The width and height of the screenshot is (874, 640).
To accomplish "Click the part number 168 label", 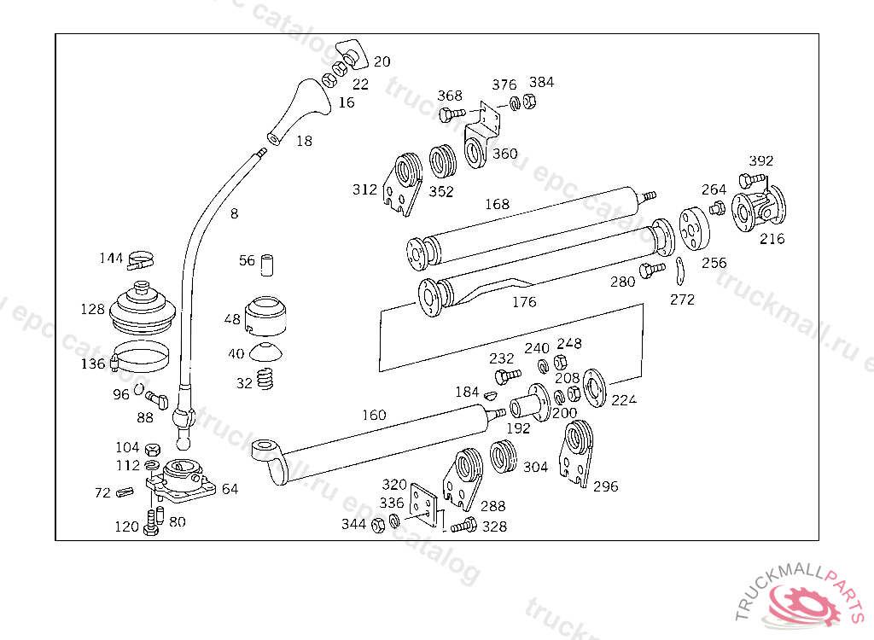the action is tap(498, 204).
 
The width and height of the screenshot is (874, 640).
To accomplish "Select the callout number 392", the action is tap(760, 160).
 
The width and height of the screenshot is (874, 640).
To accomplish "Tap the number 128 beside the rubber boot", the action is tap(92, 309).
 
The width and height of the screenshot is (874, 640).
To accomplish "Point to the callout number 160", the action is tap(374, 415).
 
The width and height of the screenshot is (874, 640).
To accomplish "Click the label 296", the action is tap(605, 486).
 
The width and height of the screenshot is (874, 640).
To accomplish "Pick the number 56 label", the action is tap(247, 260).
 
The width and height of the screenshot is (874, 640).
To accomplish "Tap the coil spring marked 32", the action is tap(265, 380).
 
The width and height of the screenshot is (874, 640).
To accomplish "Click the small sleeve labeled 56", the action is tap(267, 265).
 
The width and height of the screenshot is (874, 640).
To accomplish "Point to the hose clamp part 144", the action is tap(140, 260).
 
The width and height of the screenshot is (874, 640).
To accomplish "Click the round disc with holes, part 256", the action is tap(694, 230).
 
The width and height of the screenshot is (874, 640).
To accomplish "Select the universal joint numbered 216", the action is tap(759, 209).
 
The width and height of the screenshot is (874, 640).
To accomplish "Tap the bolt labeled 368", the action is tap(452, 115).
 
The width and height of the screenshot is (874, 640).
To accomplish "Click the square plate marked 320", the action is tap(423, 506).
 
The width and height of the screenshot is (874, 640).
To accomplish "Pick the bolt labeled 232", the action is tap(507, 375).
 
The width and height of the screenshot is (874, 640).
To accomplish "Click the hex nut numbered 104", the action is tap(152, 450).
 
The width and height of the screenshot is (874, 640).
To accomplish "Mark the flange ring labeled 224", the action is tap(594, 388).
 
